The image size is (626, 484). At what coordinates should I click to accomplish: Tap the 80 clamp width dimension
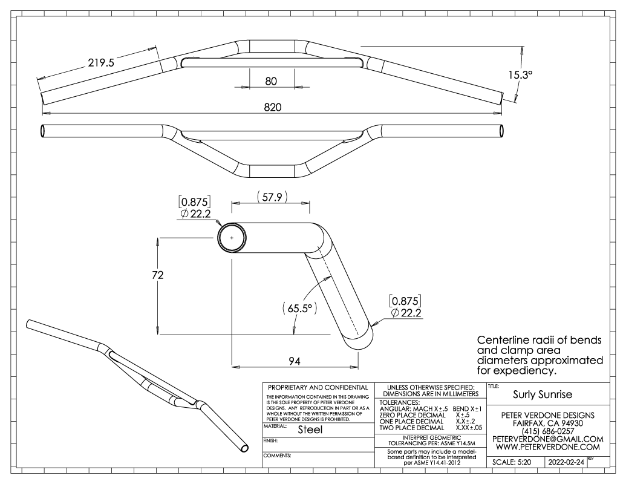(272, 81)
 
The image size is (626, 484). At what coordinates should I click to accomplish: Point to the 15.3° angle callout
(521, 74)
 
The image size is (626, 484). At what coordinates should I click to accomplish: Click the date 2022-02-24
(565, 462)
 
